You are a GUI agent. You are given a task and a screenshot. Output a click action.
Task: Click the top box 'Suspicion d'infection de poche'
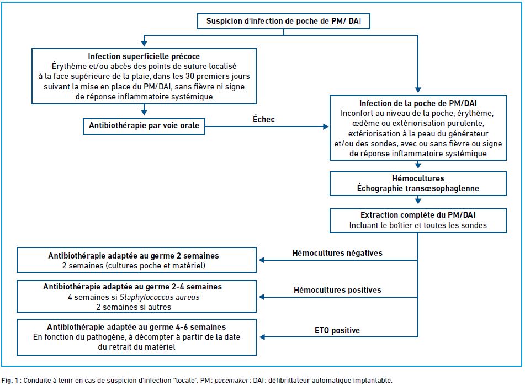[x=284, y=21]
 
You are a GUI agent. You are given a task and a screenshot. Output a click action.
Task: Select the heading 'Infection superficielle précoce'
[x=144, y=56]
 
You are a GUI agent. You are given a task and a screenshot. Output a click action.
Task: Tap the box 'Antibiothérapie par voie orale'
[x=144, y=125]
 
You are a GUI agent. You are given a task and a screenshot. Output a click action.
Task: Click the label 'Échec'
[x=263, y=119]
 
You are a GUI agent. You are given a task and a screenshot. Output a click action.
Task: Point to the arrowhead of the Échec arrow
[x=326, y=126]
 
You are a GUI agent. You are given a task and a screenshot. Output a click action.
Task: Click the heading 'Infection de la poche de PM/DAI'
[x=418, y=103]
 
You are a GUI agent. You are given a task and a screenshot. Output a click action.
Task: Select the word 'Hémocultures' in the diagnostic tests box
[x=418, y=178]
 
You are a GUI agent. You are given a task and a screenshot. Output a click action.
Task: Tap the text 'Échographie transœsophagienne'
[x=418, y=188]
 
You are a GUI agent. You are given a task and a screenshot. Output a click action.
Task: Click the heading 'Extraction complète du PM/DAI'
[x=418, y=215]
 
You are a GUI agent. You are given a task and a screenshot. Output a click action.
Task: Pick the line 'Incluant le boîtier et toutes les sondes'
[x=418, y=225]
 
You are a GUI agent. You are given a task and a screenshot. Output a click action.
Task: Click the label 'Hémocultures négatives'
[x=337, y=253]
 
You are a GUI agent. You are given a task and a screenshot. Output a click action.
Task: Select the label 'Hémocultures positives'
[x=337, y=290]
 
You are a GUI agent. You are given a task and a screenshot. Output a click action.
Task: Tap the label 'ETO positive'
[x=337, y=330]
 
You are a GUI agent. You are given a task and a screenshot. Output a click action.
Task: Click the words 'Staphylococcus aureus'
[x=160, y=297]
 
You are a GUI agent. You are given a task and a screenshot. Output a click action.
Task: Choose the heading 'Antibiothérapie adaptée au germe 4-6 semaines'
[x=136, y=326]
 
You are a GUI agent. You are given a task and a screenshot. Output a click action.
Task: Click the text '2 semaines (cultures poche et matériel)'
[x=134, y=266]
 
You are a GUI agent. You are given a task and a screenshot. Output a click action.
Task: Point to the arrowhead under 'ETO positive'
[x=262, y=337]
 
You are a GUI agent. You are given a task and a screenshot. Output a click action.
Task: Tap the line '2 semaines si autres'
[x=134, y=307]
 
